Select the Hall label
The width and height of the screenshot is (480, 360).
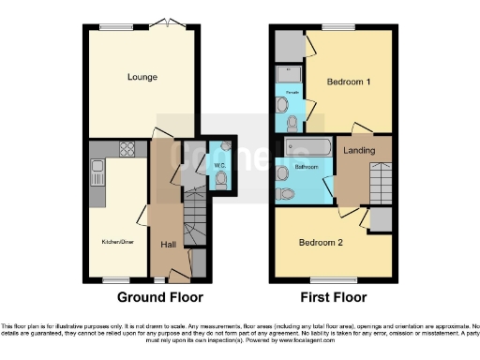coord(169,245)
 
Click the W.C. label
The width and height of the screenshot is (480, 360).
coord(194,166)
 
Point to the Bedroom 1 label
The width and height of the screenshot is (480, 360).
coord(348,82)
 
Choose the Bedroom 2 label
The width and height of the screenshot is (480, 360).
coord(321,243)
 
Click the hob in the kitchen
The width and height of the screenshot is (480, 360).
coord(127,148)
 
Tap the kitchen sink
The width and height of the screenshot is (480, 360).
coord(97,172)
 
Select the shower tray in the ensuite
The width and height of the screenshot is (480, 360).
coord(285,74)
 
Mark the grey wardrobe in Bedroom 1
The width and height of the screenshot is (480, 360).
coord(288,44)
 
